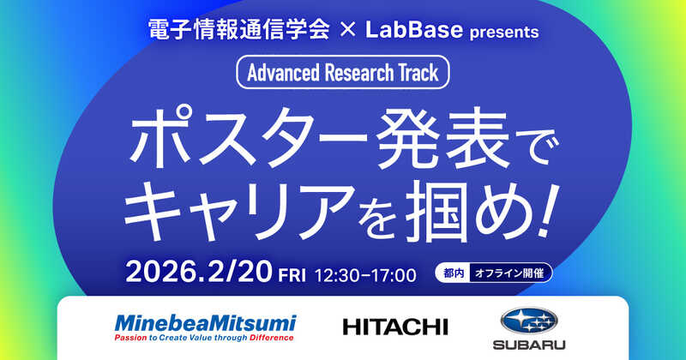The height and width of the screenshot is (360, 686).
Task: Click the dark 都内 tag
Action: point(453,274)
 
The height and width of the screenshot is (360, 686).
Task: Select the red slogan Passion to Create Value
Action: point(204,338)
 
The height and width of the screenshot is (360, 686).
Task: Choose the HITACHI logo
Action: point(394,327)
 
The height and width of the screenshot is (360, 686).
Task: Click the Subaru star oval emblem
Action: point(528,321)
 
